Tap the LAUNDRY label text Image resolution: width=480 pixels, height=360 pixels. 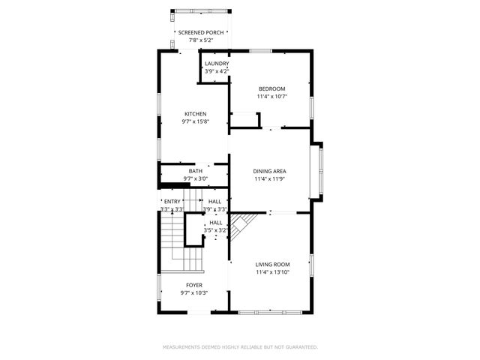point(217,64)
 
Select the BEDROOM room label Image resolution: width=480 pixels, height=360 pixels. point(271,88)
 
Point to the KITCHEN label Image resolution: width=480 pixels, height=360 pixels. point(196,114)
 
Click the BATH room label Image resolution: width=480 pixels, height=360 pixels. point(195,171)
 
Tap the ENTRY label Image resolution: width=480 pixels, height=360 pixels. point(172,202)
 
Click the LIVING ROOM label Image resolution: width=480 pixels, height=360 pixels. point(271,265)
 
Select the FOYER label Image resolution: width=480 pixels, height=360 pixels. point(193,285)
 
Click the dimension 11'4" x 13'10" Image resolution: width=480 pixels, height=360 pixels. point(271,272)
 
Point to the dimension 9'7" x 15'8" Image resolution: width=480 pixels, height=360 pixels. point(196,121)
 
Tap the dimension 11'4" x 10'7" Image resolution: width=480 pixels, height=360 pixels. point(271,96)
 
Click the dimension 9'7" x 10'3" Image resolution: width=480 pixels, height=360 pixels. point(193,293)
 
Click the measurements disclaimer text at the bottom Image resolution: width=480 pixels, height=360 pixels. point(240,347)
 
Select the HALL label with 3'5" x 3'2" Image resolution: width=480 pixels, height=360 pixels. point(216,223)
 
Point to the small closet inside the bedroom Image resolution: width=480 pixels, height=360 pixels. point(244,120)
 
